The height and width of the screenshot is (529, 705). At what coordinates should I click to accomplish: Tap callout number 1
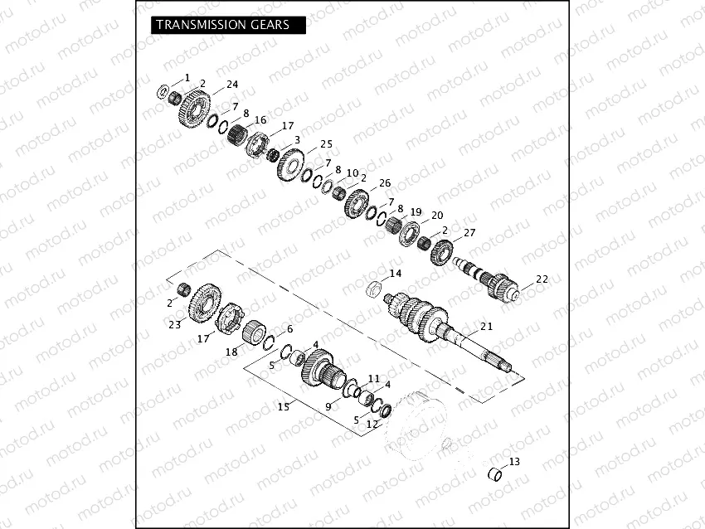(x=187, y=77)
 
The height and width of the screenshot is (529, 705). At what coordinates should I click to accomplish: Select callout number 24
(x=232, y=85)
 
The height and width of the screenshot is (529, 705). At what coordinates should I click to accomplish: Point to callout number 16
(x=260, y=120)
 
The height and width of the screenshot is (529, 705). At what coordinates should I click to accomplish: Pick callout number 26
(x=384, y=183)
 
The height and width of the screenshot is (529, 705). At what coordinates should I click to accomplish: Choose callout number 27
(x=469, y=232)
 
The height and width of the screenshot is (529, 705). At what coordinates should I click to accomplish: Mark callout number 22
(x=542, y=279)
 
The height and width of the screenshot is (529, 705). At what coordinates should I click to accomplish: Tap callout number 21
(x=486, y=327)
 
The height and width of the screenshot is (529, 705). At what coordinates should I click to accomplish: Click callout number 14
(x=395, y=274)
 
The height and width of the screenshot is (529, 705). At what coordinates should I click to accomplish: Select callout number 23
(x=174, y=325)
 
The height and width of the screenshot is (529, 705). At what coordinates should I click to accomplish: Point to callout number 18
(x=231, y=352)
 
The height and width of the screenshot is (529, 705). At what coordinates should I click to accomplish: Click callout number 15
(x=284, y=406)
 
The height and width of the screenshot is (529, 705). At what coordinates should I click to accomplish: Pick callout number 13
(x=514, y=461)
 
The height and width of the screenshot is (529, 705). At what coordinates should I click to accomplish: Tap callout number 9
(x=328, y=406)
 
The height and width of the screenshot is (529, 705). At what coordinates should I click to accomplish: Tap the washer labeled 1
(x=163, y=90)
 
